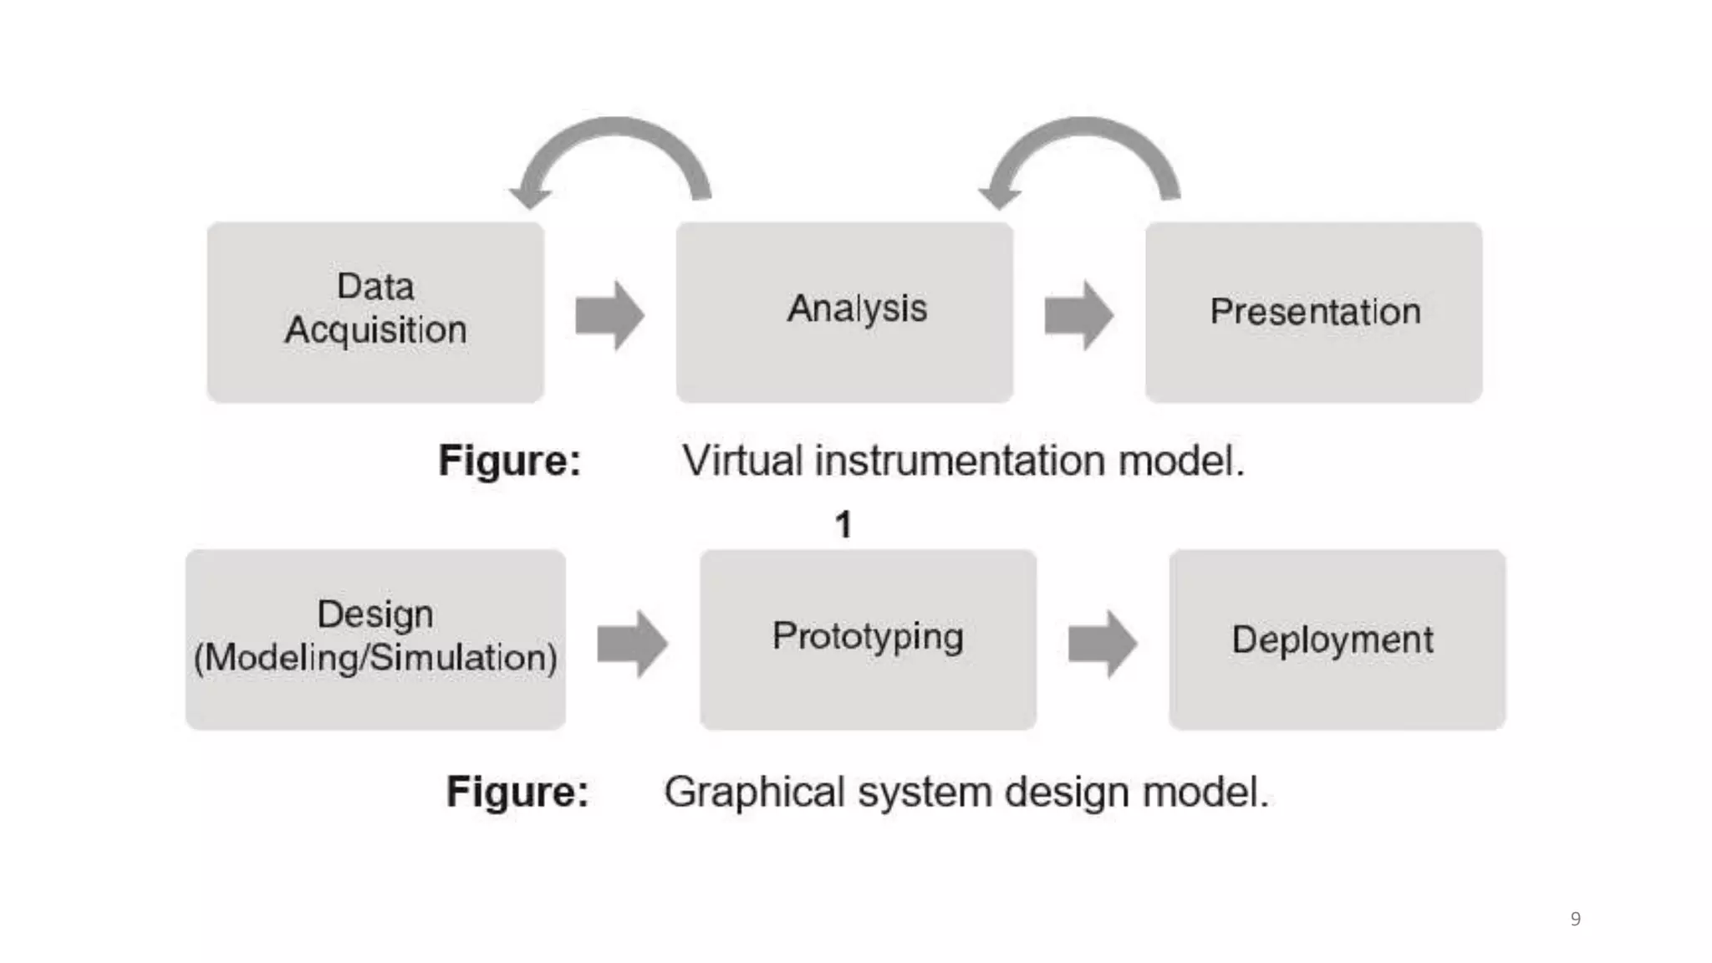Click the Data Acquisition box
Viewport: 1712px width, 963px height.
[x=375, y=311]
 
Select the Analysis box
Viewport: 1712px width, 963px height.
[x=844, y=311]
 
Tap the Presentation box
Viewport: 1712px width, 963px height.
[x=1313, y=311]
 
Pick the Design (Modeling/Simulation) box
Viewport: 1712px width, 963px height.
[x=375, y=639]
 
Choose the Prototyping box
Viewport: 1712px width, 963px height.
[x=868, y=639]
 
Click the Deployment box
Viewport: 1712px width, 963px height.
[x=1337, y=639]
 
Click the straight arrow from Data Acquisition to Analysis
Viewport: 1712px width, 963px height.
[x=610, y=315]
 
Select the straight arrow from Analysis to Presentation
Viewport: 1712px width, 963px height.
[x=1079, y=315]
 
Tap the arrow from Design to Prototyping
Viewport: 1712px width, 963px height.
[x=633, y=643]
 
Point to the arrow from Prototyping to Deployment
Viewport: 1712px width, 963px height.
[x=1103, y=643]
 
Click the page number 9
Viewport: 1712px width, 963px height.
[x=1575, y=919]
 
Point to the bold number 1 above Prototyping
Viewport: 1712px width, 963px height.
[x=843, y=525]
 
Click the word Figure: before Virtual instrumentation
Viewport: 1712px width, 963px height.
[x=509, y=461]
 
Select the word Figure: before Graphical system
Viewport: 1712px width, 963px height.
[x=517, y=792]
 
